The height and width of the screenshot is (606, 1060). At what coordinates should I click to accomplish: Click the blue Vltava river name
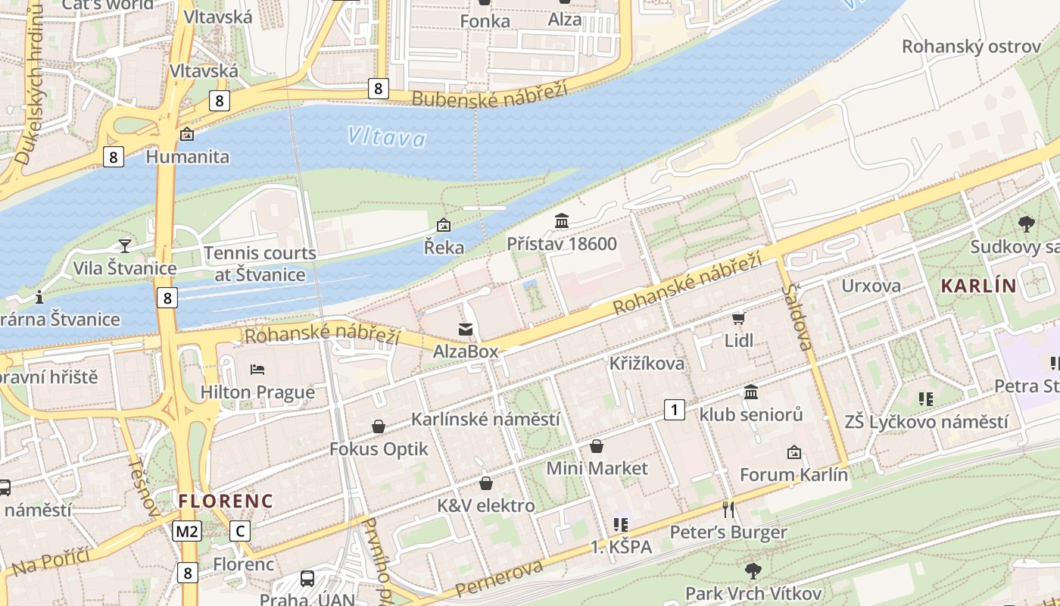pos(387,137)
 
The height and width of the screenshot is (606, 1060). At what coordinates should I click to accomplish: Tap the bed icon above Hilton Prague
pos(257,370)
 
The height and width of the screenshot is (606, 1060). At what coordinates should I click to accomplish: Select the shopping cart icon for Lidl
pos(738,319)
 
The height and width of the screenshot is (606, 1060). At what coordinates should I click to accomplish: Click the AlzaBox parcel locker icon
pos(465,330)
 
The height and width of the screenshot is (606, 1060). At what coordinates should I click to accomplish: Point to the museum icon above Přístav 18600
pos(562,221)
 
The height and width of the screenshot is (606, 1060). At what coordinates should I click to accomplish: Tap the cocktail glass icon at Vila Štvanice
pos(125,245)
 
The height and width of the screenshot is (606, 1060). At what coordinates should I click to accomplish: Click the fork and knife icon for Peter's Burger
pos(728,509)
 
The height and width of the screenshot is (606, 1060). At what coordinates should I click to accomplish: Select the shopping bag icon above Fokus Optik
pos(379,427)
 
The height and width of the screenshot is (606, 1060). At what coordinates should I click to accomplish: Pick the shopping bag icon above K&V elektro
pos(486,483)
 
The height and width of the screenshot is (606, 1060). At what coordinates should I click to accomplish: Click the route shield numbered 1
pos(674,411)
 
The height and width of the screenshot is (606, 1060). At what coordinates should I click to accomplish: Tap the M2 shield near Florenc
pos(187,531)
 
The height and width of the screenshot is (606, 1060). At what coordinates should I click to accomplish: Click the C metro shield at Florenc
pos(240,531)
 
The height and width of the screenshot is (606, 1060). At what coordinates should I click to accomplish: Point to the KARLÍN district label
pos(977,286)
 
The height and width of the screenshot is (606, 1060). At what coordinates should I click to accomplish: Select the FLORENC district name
pos(225,501)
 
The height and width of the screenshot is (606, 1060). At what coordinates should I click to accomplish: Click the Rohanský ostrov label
pos(971,47)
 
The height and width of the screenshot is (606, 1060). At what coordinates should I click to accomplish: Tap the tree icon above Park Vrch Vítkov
pos(753,570)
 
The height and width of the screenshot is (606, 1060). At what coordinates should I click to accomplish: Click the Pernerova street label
pos(500,580)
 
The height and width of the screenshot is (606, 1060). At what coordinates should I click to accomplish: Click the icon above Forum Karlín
pos(793,452)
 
